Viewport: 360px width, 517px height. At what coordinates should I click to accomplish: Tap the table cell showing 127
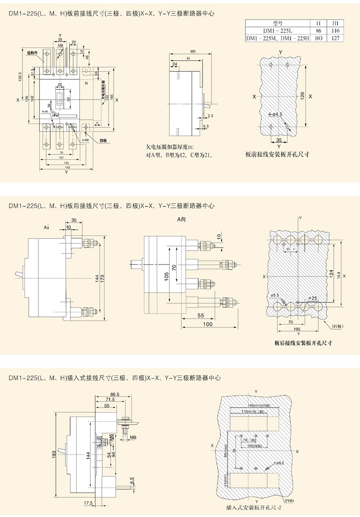335,38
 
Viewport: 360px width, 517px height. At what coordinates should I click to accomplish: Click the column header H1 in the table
335,23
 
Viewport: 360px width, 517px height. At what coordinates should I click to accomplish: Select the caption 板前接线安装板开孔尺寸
277,154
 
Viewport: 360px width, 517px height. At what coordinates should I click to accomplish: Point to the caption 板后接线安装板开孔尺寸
303,343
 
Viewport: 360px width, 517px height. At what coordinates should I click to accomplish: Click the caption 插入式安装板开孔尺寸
254,508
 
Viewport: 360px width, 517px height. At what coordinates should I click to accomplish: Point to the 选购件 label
32,52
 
